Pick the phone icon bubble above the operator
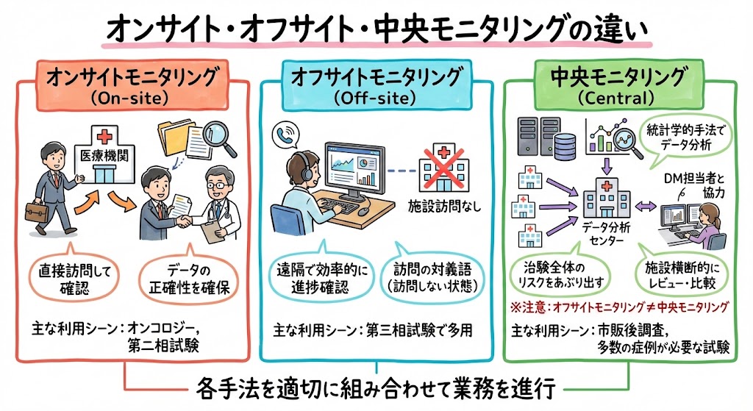pyautogui.click(x=283, y=135)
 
